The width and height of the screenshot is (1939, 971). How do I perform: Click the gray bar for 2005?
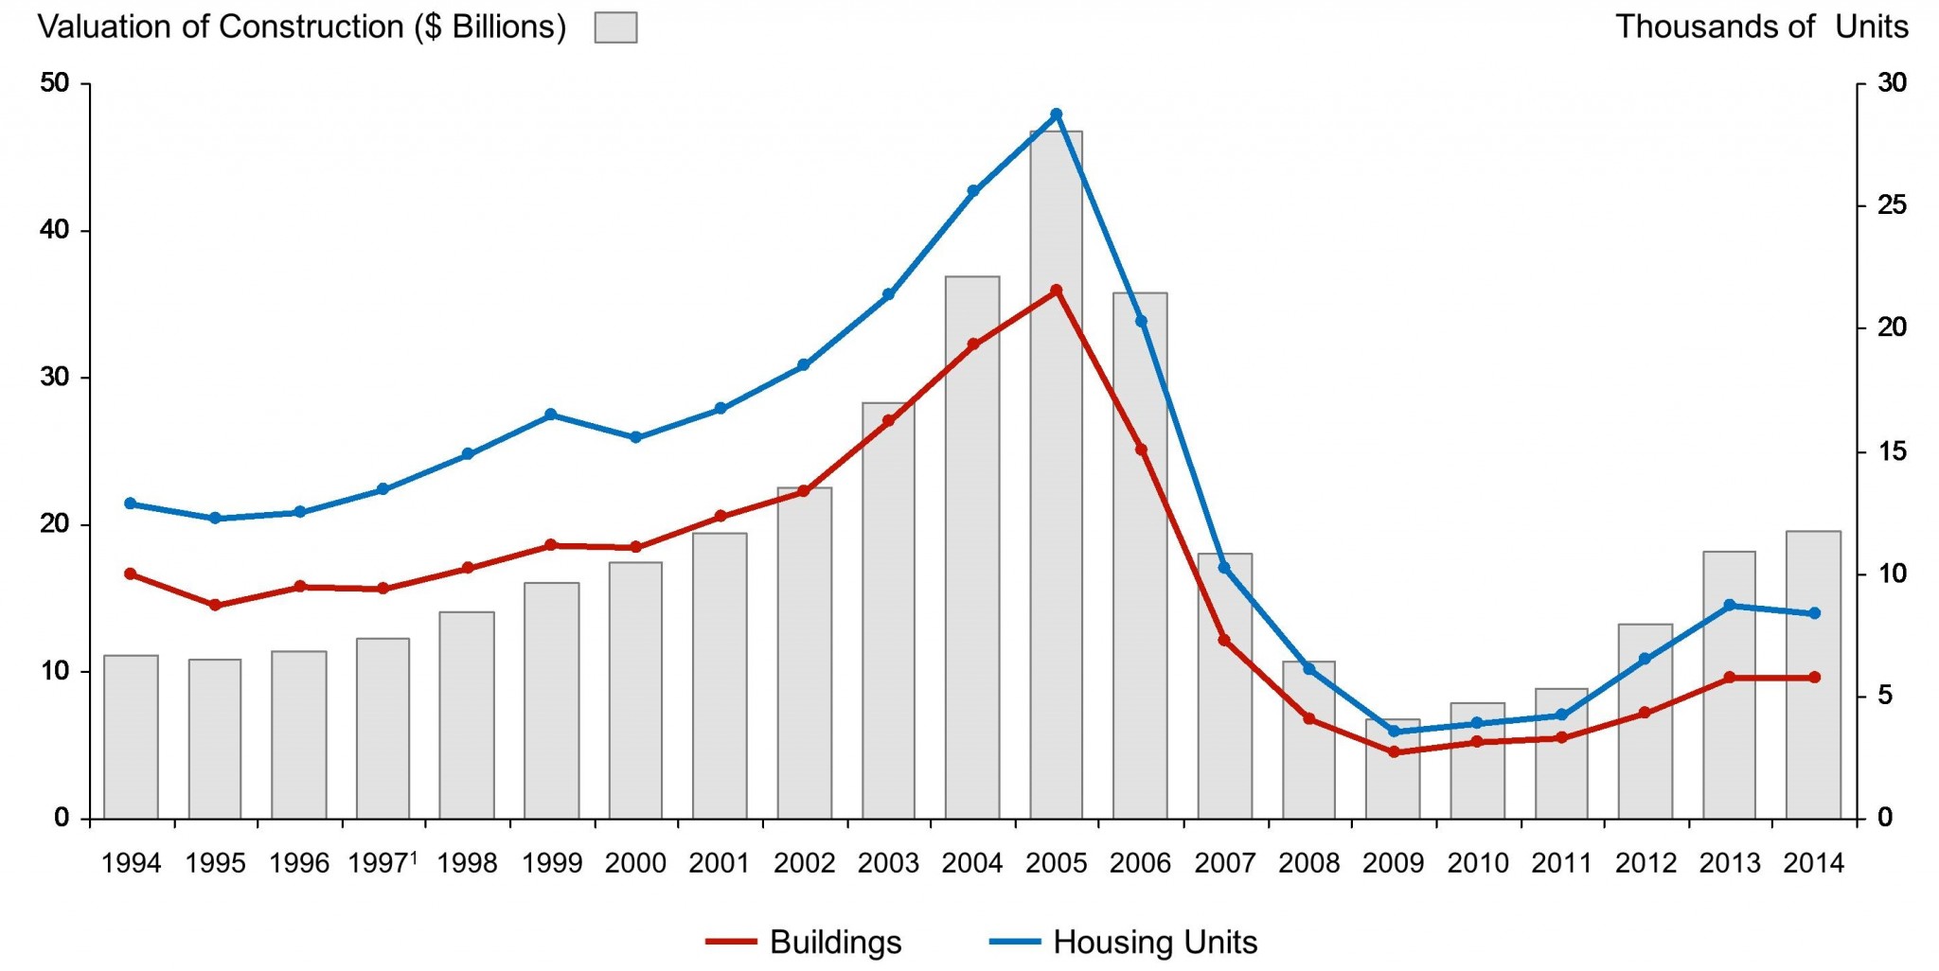tap(1056, 473)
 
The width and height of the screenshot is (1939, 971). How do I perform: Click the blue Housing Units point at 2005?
tap(1057, 115)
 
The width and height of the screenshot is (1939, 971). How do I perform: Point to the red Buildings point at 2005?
tap(1057, 291)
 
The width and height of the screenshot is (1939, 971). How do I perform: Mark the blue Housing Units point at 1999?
tap(551, 415)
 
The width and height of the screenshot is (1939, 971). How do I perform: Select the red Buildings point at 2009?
tap(1394, 752)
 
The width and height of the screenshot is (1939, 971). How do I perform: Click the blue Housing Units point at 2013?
tap(1730, 605)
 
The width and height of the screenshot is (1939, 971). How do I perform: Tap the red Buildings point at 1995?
tap(215, 605)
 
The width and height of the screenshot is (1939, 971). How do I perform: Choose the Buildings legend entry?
tap(804, 943)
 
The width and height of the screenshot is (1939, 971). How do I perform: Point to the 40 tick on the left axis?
tap(55, 230)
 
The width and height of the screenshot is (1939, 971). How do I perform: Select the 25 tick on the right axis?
tap(1892, 205)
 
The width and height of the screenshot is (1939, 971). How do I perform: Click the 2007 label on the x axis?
tap(1224, 863)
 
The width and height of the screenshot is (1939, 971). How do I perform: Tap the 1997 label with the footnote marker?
tap(382, 863)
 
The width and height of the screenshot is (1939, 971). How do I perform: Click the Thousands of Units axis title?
tap(1761, 26)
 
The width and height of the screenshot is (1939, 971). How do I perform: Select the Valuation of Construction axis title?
tap(301, 26)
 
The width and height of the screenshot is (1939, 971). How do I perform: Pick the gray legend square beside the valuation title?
tap(615, 27)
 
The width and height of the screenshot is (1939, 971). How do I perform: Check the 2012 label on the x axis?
tap(1645, 863)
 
